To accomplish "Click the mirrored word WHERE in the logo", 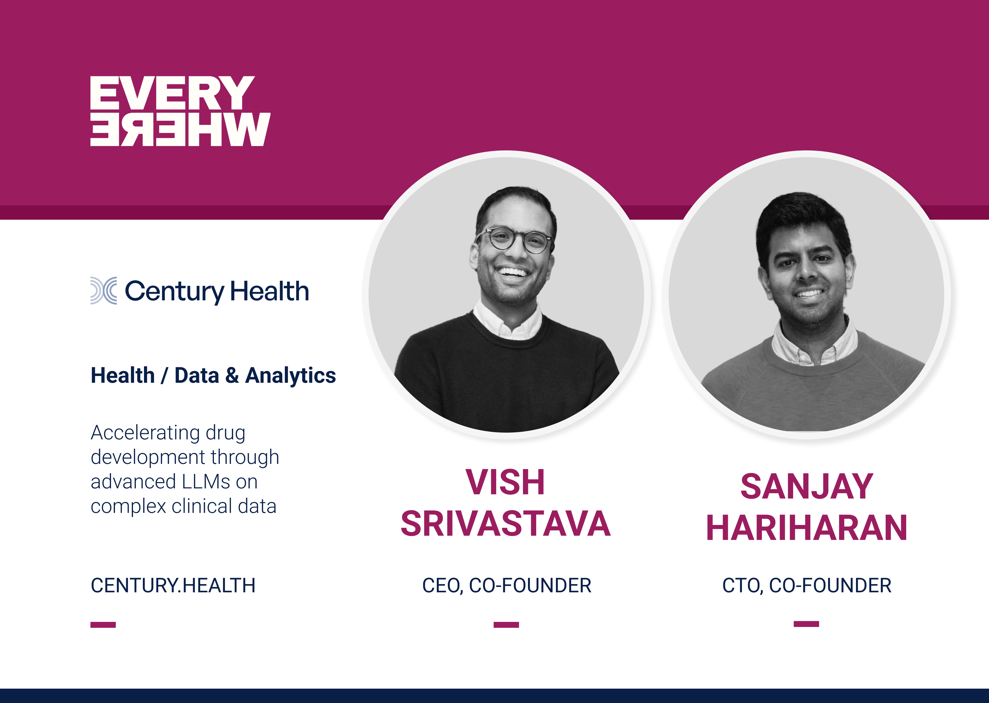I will click(x=180, y=130).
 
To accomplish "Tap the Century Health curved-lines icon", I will click(x=103, y=290).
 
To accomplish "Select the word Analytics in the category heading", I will click(x=290, y=375).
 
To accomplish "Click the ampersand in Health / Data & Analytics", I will click(x=232, y=375).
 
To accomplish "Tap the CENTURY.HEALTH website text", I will click(x=173, y=585).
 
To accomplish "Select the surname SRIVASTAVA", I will click(x=505, y=524).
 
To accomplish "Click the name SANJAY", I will click(x=806, y=487).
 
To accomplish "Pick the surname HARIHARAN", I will click(x=806, y=528).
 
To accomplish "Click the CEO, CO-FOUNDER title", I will click(x=507, y=585).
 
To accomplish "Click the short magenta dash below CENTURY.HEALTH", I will click(x=103, y=625).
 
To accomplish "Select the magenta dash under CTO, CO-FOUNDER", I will click(x=806, y=624).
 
